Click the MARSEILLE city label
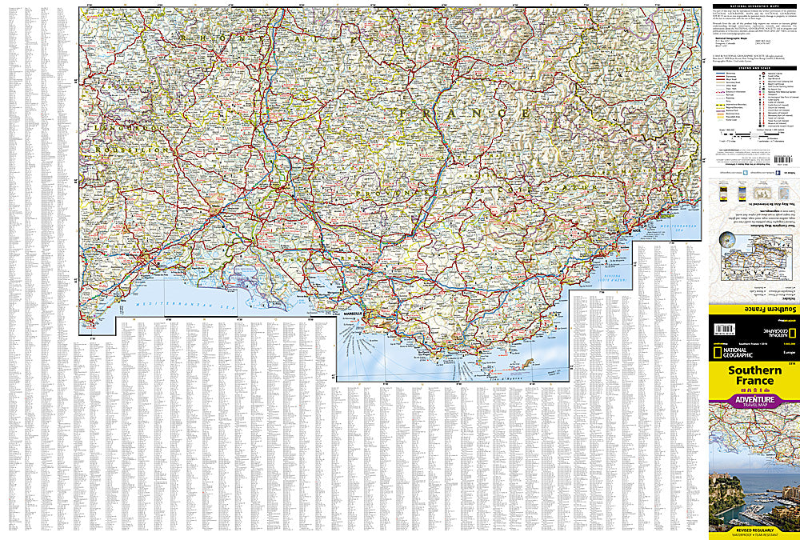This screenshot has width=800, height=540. pyautogui.click(x=352, y=313)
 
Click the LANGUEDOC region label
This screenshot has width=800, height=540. pyautogui.click(x=125, y=127)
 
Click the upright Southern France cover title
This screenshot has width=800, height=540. pyautogui.click(x=754, y=377)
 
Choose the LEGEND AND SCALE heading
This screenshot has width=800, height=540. pyautogui.click(x=754, y=69)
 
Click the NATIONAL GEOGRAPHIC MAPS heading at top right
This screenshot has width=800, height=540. pyautogui.click(x=754, y=7)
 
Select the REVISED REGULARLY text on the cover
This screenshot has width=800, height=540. pyautogui.click(x=754, y=530)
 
